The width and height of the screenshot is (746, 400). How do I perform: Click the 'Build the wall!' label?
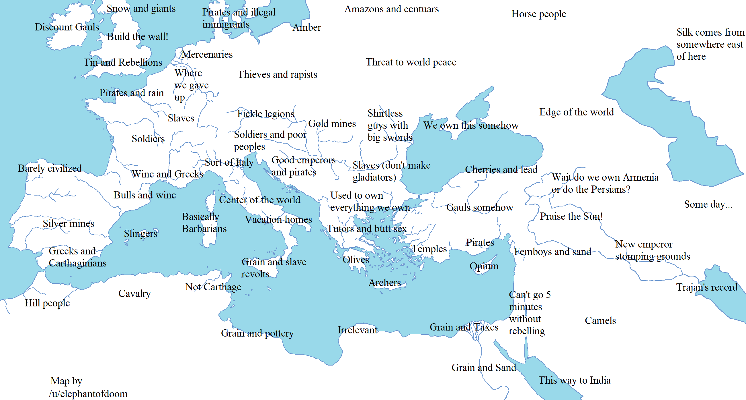coord(137,36)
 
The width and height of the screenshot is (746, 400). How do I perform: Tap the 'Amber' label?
coord(306,28)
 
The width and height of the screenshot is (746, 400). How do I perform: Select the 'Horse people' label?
coord(538,14)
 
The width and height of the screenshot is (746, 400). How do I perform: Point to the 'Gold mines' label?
coord(332,123)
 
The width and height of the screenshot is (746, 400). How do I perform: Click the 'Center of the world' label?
coord(259,200)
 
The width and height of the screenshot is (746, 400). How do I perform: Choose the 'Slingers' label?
coord(140,233)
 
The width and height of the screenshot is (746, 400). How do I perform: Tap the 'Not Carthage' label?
coord(213,287)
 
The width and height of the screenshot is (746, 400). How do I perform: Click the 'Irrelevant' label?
coord(357,330)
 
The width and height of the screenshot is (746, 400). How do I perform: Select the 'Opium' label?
coord(484,266)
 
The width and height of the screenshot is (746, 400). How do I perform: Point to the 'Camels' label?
coord(600,320)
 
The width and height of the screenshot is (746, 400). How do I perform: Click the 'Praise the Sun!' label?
coord(571,216)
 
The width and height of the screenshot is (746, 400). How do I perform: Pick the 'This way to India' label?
coord(574,380)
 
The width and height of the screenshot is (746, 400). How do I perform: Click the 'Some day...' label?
coord(708,204)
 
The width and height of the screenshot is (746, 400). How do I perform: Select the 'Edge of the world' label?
coord(576,112)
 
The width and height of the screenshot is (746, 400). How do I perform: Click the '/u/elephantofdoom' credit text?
coord(88,394)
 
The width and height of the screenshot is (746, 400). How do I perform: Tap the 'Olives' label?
coord(356,260)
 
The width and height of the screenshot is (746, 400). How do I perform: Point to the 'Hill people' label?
coord(47,303)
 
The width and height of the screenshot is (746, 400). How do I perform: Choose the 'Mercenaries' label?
coord(207,54)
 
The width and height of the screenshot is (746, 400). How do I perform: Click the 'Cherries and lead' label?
coord(501,169)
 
